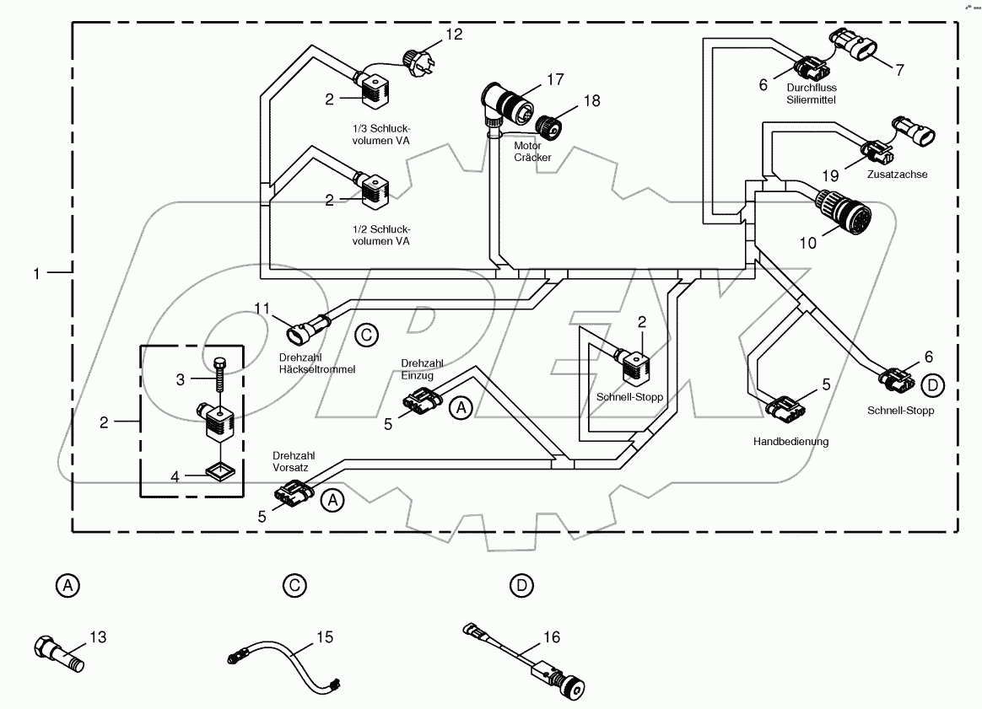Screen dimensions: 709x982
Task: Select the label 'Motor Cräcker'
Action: [x=532, y=151]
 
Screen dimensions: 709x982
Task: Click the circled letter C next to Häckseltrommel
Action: [x=364, y=335]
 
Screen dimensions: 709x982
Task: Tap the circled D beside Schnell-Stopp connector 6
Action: [x=931, y=385]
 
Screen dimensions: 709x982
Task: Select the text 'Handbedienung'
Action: [x=790, y=441]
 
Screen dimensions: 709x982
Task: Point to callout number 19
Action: [x=831, y=175]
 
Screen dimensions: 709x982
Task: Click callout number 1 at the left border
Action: [x=36, y=272]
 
